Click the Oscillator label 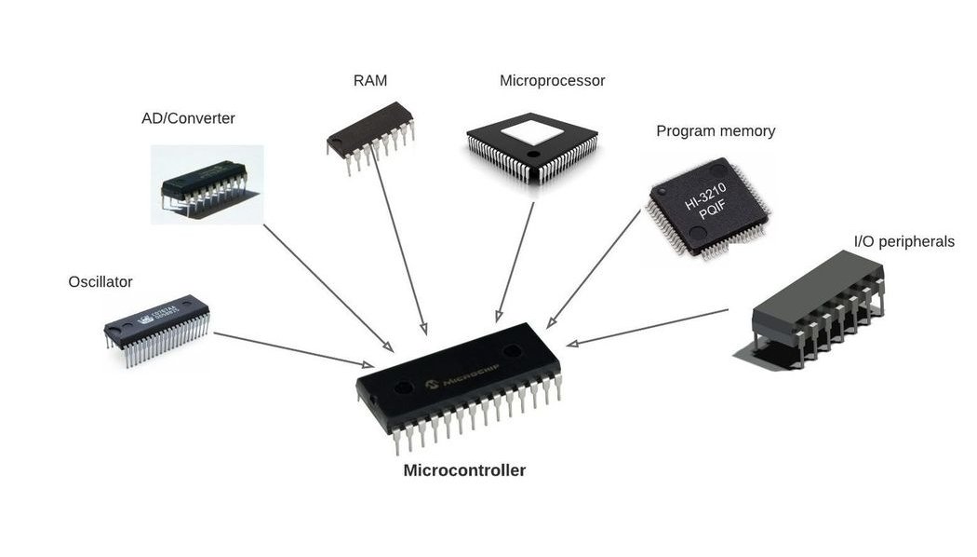point(100,281)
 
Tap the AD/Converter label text point(188,118)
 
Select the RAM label point(369,81)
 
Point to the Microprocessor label point(552,81)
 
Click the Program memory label point(715,131)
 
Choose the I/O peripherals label point(903,242)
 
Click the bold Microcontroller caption point(464,470)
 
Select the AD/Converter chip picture point(206,184)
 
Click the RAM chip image point(370,136)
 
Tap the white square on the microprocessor point(531,129)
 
